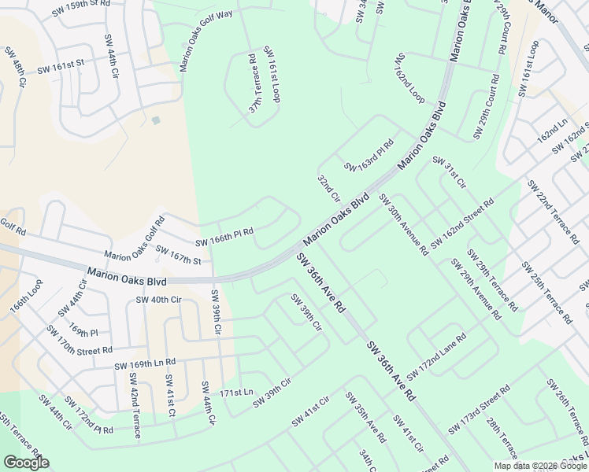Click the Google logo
[x=26, y=463]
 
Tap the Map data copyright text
[x=539, y=466]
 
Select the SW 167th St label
[x=179, y=255]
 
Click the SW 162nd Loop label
[x=410, y=79]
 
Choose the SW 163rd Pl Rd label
[x=369, y=157]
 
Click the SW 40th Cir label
[x=159, y=300]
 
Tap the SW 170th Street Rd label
[x=80, y=339]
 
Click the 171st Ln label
[x=236, y=392]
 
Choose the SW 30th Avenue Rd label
[x=403, y=224]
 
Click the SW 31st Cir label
[x=450, y=173]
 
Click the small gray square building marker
[x=156, y=120]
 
